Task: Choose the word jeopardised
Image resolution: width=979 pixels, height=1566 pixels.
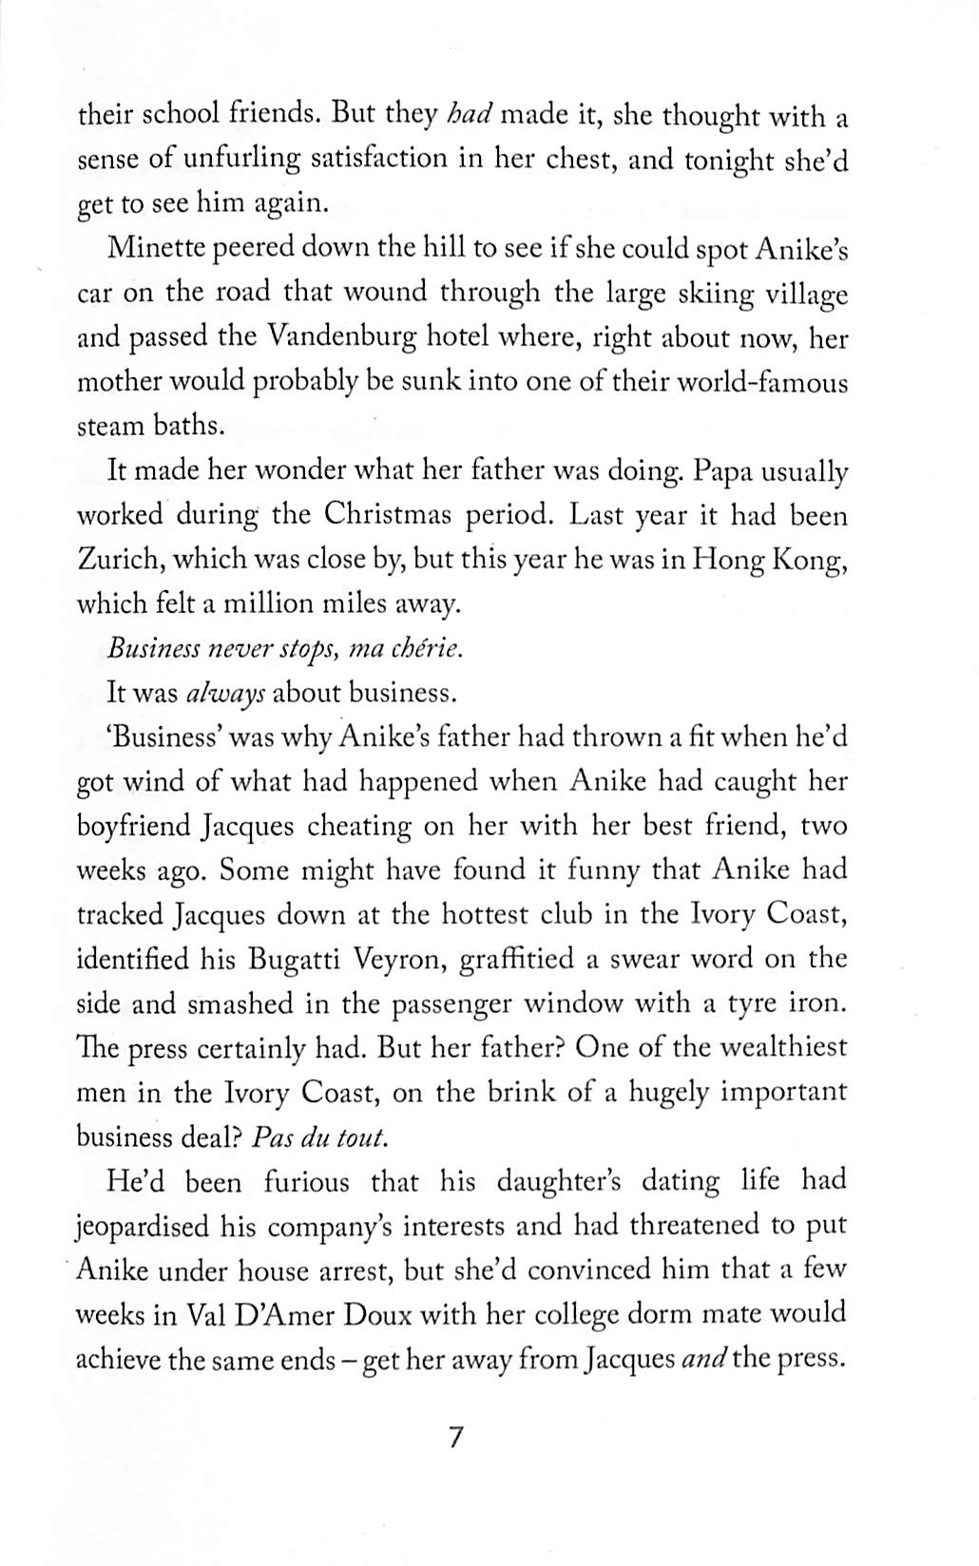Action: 143,1226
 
